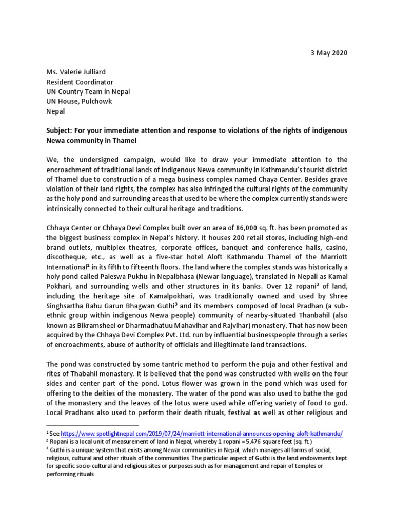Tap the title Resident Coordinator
[80, 82]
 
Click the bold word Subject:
[62, 130]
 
